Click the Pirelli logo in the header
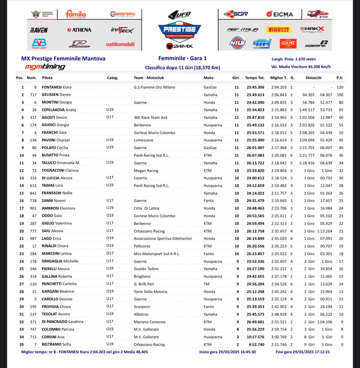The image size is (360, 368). click(278, 30)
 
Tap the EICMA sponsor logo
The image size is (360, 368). click(279, 14)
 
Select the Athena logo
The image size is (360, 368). click(79, 30)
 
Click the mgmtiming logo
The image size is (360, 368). click(45, 67)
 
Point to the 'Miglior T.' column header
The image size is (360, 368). click(278, 78)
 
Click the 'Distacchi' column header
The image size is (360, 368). click(313, 78)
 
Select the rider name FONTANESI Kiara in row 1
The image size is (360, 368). click(56, 87)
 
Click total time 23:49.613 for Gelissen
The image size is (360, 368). click(255, 95)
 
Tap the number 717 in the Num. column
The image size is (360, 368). click(33, 95)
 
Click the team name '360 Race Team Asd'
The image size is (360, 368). click(151, 117)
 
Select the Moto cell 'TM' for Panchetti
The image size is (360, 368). click(207, 284)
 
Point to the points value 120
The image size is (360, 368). click(340, 87)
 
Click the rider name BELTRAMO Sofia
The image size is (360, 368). click(56, 344)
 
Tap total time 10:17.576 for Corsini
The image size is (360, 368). click(255, 337)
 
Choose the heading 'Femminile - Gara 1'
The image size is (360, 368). click(182, 58)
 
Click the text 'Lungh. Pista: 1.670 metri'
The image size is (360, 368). click(293, 59)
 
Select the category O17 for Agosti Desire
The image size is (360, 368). click(110, 117)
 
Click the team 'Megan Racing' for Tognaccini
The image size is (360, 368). click(146, 171)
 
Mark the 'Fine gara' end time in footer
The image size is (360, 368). click(303, 352)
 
